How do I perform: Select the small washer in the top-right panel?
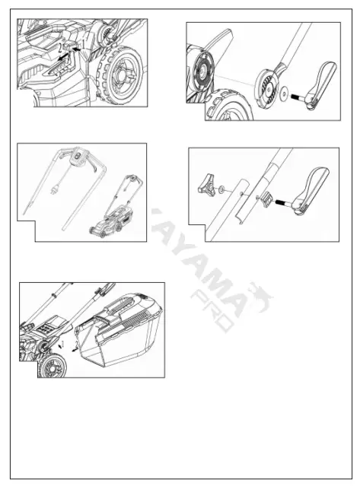(284, 94)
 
